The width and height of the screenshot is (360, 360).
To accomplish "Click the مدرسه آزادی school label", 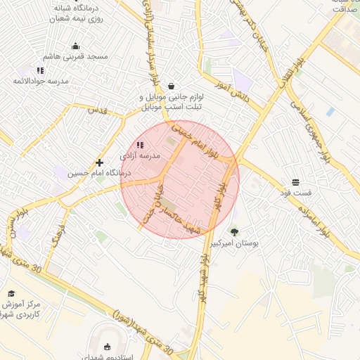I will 140,155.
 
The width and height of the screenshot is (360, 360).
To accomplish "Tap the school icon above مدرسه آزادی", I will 140,145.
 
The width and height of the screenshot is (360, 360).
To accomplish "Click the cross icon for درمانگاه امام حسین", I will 99,162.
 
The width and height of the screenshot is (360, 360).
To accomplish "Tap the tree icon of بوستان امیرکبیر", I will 234,231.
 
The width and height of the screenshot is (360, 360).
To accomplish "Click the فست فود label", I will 295,192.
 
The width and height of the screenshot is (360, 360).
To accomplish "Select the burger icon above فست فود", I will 295,182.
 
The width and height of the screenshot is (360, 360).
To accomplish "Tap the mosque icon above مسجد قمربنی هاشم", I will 76,46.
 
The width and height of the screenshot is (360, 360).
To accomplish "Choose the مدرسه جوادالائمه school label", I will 40,81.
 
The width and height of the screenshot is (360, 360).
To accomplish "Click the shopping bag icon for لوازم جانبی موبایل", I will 172,86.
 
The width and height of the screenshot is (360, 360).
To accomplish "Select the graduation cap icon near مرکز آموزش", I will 11,294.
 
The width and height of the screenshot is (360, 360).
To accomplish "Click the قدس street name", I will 96,110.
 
